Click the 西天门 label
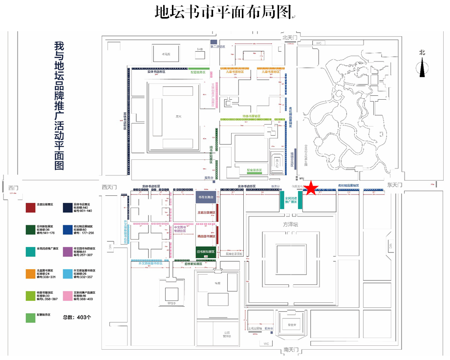tap(110, 187)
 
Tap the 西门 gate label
tap(13, 187)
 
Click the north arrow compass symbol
tap(422, 63)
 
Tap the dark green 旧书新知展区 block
tap(205, 252)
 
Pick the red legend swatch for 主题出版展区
tap(31, 208)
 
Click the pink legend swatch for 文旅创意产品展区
tap(68, 296)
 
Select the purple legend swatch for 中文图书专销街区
tap(68, 252)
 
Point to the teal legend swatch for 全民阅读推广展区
tap(31, 252)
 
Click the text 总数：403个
tap(77, 318)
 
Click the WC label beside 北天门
tap(319, 43)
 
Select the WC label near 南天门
tap(266, 343)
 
